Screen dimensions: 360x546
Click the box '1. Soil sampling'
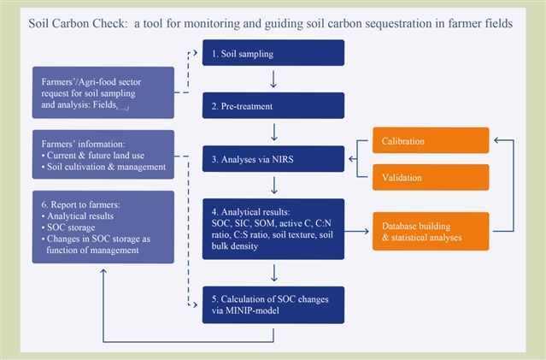[x=273, y=55]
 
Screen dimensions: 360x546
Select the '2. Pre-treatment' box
[x=273, y=106]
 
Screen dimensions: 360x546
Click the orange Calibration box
[x=430, y=140]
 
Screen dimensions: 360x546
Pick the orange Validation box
[x=430, y=176]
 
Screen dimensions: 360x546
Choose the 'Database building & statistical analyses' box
[x=430, y=229]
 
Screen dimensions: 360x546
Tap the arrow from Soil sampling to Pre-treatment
[x=273, y=80]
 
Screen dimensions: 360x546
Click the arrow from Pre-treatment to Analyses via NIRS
[x=273, y=132]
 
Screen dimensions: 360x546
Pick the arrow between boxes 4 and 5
[x=273, y=272]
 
